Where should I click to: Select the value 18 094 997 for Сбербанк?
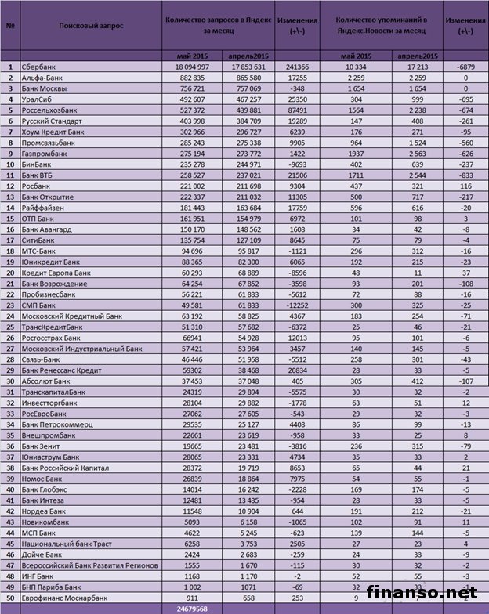click(x=190, y=68)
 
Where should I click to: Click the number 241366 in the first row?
click(x=297, y=68)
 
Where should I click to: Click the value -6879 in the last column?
click(x=465, y=68)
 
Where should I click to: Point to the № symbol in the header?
click(x=11, y=25)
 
